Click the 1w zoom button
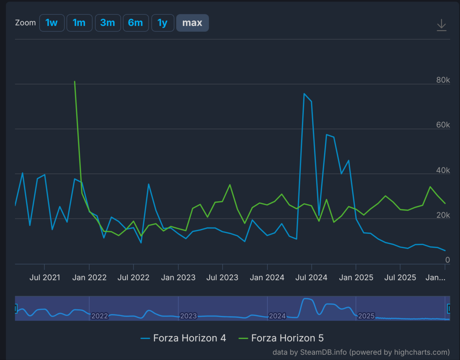coord(52,23)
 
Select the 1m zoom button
coord(79,23)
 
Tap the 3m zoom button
coord(108,23)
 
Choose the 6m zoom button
coord(136,23)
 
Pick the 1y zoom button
coord(163,23)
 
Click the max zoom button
coord(192,23)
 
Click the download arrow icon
coord(442,25)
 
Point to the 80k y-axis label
coord(443,80)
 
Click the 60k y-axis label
coord(443,125)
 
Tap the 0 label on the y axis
coord(448,260)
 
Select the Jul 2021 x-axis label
coord(45,278)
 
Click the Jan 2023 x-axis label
coord(178,278)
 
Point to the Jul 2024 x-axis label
coord(312,278)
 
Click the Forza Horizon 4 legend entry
coord(183,338)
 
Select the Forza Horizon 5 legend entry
coord(281,338)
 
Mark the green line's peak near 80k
coord(75,82)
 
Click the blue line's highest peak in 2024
coord(304,94)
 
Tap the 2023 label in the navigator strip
coord(188,316)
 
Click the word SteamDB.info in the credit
coord(323,352)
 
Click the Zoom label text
coord(25,23)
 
